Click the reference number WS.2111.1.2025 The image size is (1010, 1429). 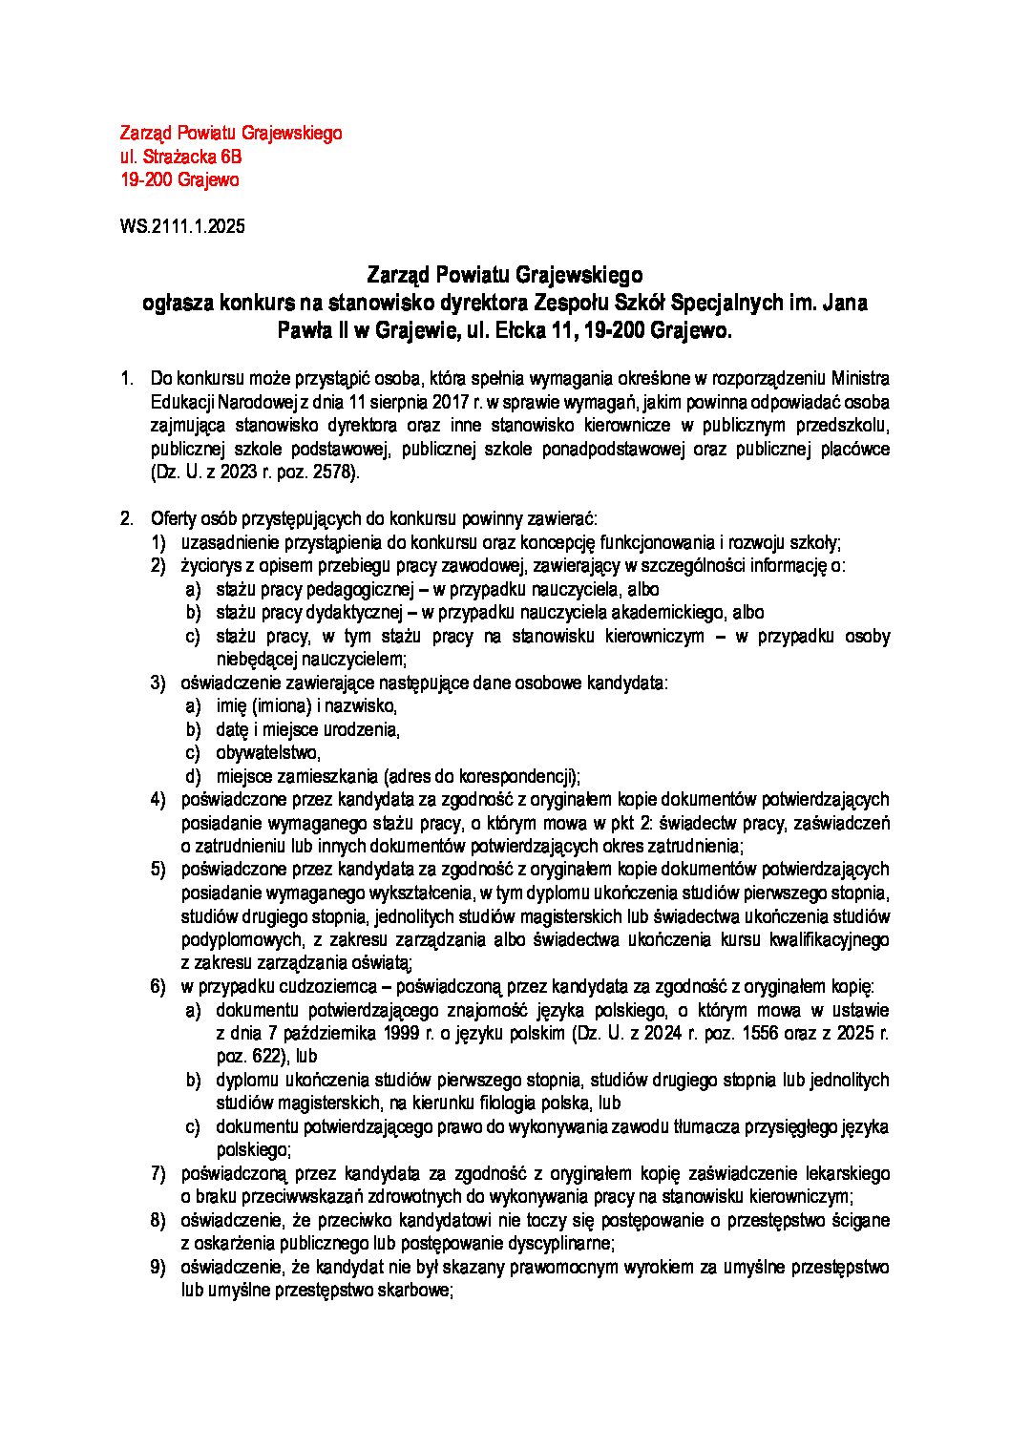182,227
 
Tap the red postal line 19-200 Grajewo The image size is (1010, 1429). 179,179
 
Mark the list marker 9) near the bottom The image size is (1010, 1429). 158,1268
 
